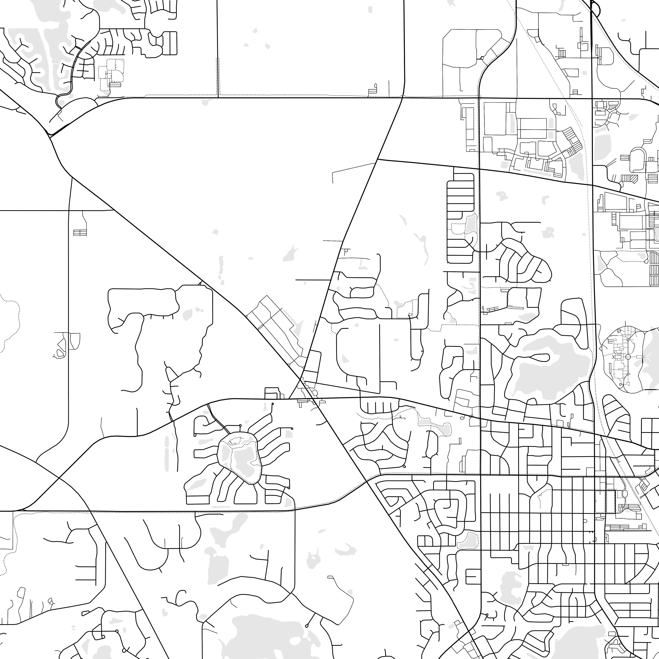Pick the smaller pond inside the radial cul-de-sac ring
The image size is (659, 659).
tap(225, 454)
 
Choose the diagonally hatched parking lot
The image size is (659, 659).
tap(634, 178)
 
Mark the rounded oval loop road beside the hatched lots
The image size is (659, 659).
tap(637, 160)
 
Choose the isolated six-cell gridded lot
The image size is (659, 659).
tap(80, 232)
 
